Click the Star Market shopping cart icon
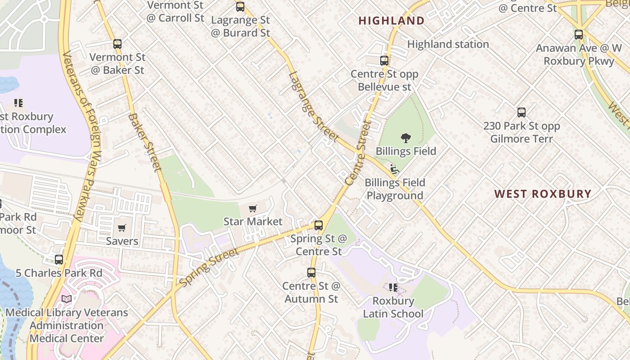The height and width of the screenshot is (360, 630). coord(253,209)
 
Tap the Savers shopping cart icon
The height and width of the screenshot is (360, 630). coord(122,228)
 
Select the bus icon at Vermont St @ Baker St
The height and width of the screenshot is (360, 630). coord(117,44)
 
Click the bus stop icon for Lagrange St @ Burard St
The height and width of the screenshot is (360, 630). coord(240,7)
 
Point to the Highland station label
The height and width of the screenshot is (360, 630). coord(448,44)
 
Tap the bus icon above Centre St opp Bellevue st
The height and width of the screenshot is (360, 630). coord(384,61)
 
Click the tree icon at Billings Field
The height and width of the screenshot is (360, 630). coord(406,138)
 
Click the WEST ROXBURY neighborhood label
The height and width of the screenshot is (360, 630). coord(543,194)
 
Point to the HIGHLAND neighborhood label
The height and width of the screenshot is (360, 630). coord(391,21)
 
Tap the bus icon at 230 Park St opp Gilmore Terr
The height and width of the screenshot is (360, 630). coord(522,112)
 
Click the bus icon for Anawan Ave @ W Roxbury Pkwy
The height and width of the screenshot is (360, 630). coord(579,35)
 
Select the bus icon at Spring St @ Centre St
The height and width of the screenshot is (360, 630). coord(319,225)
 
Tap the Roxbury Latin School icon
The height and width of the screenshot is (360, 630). coord(393,287)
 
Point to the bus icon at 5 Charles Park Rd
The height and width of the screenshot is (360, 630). coord(59,260)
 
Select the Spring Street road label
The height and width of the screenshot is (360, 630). coord(209,267)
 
